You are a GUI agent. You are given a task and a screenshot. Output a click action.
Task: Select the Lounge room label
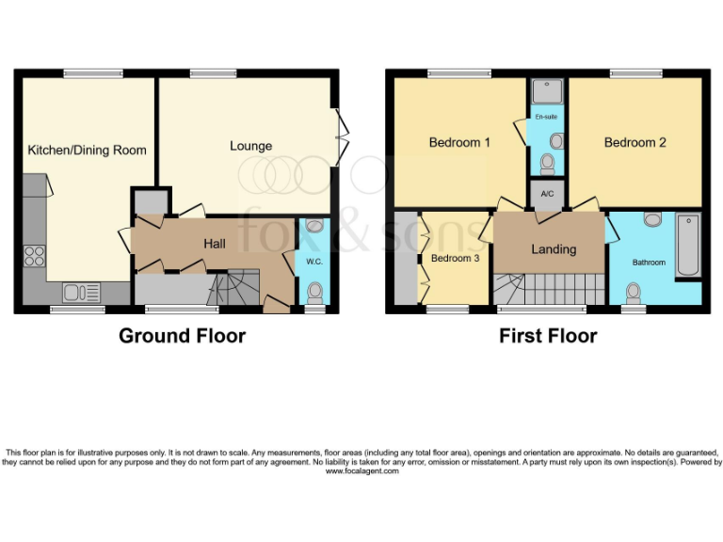click(250, 146)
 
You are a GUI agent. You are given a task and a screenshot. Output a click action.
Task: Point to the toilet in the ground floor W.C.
click(314, 292)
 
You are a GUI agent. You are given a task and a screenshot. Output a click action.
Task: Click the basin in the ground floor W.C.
click(314, 226)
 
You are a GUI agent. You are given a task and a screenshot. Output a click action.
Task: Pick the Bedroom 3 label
click(455, 258)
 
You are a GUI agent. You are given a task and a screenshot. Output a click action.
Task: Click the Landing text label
click(554, 249)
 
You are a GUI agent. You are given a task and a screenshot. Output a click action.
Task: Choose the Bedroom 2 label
click(635, 143)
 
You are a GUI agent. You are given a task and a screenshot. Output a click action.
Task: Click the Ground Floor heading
click(182, 336)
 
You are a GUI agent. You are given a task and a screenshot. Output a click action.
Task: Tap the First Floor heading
click(548, 336)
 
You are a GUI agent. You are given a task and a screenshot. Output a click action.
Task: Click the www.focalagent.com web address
click(361, 470)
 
